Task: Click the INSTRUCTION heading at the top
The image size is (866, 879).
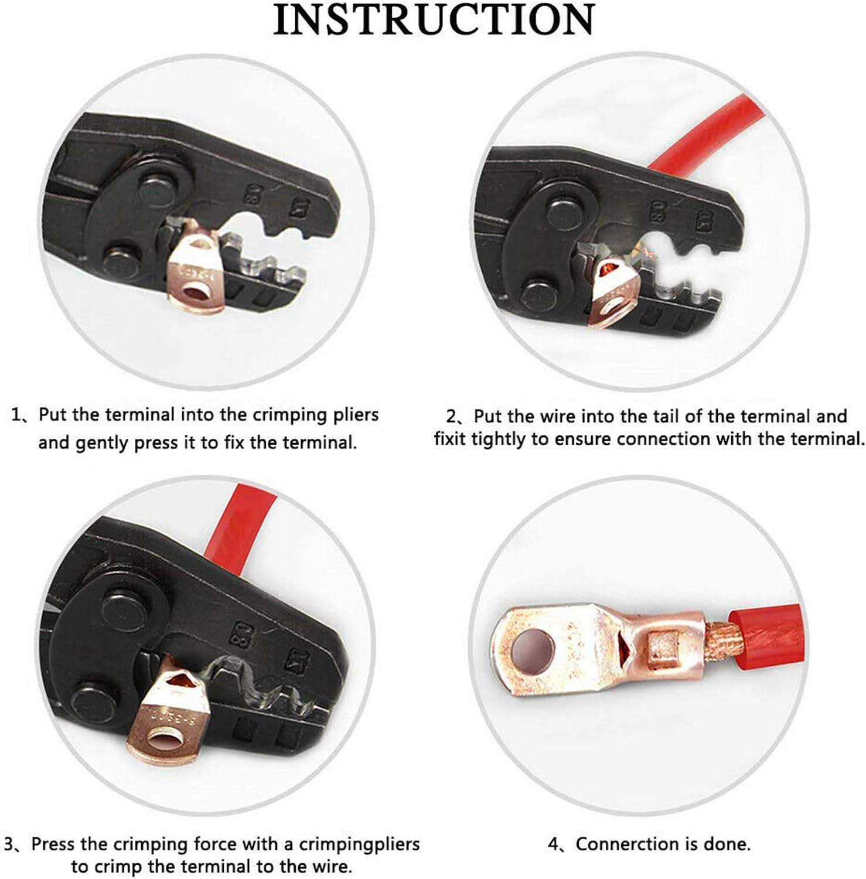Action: click(434, 20)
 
